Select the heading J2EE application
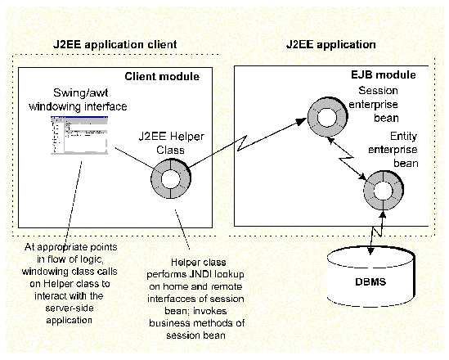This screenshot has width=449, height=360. pyautogui.click(x=330, y=43)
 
